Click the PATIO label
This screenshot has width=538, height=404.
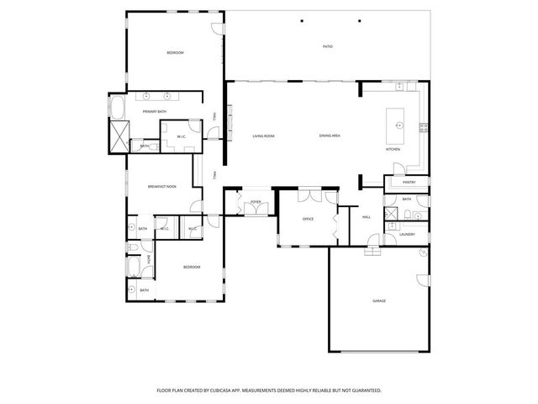point(328,46)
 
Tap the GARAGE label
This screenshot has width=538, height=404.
point(379,300)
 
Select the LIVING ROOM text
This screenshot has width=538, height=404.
point(264,136)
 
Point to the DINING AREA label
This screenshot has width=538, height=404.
point(330,136)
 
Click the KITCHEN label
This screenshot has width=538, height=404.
point(393,149)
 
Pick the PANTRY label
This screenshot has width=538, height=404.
point(409,182)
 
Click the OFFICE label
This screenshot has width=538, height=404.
point(308,220)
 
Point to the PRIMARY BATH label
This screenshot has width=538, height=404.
point(154,111)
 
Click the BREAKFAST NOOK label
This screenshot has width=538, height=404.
point(161,186)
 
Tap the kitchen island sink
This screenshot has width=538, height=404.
point(399,125)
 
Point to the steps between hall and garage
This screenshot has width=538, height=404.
point(372,252)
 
